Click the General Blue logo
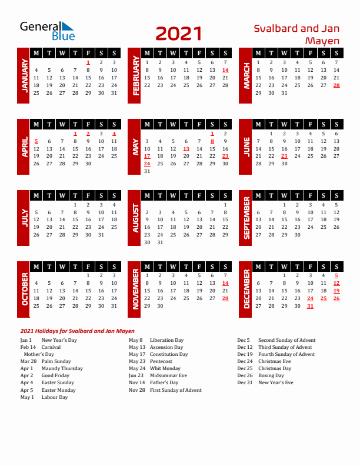click(47, 31)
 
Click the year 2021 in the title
click(179, 34)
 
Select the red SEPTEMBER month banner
click(245, 217)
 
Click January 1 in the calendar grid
click(88, 62)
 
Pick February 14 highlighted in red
click(225, 70)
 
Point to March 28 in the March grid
click(336, 85)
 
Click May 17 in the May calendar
click(147, 157)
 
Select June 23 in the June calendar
click(284, 157)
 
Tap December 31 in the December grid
click(310, 306)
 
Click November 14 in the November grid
click(225, 283)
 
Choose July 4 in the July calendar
click(114, 205)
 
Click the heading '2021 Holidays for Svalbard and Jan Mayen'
click(77, 331)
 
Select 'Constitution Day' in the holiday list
click(169, 355)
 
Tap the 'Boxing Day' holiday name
click(271, 376)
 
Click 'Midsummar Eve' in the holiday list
click(168, 376)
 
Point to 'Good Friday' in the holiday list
click(55, 376)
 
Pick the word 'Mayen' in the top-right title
click(322, 41)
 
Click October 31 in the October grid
click(114, 306)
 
